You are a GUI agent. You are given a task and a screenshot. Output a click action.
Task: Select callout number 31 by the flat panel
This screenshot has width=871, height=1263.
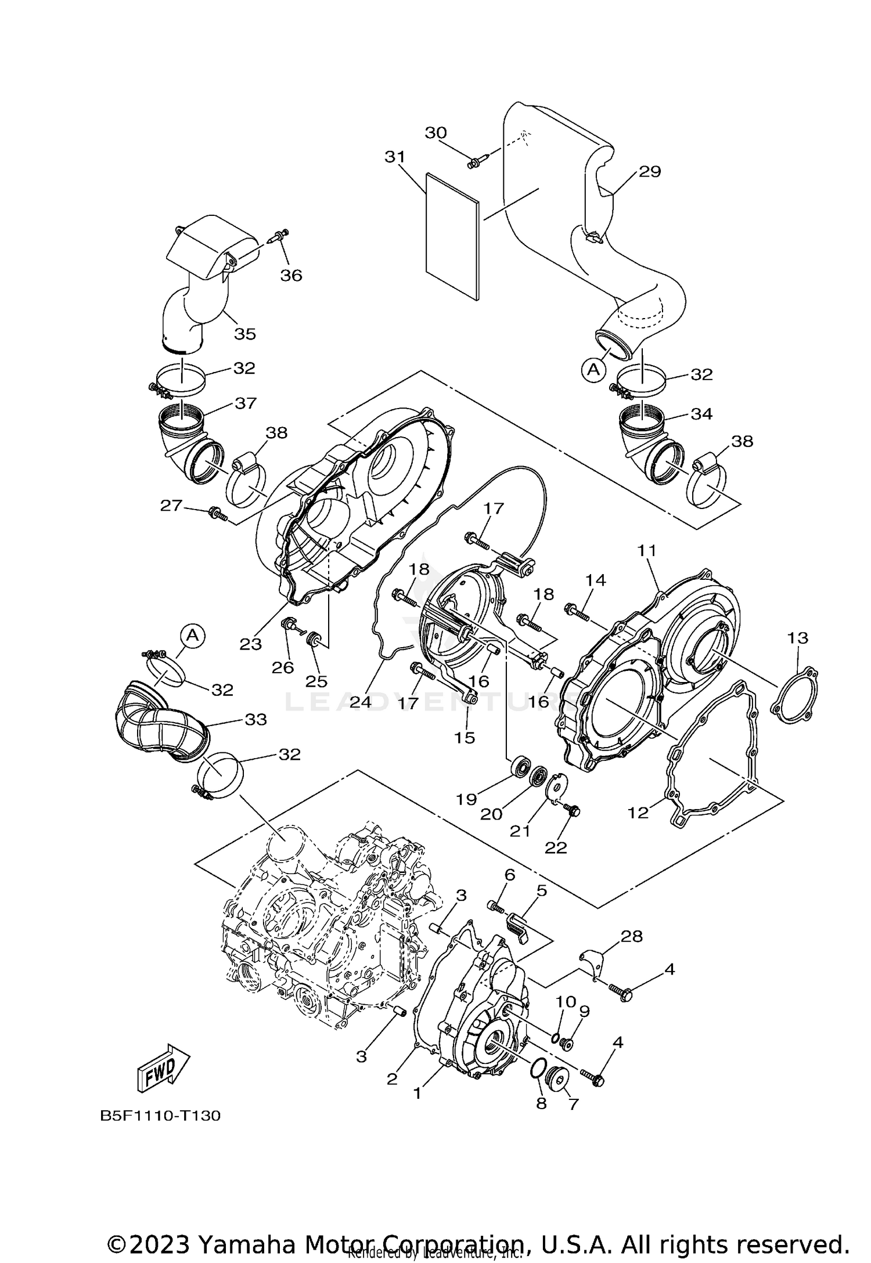click(395, 157)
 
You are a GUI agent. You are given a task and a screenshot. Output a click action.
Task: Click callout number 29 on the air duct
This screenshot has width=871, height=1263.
click(650, 172)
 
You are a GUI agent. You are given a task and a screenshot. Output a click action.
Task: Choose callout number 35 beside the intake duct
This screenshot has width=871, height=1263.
click(245, 334)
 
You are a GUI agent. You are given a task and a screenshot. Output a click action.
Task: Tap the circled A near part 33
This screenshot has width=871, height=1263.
click(193, 636)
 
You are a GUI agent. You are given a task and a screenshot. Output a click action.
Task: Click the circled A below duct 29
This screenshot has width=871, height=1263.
click(593, 369)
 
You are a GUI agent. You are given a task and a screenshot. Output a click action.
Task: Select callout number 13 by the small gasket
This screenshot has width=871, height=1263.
click(797, 638)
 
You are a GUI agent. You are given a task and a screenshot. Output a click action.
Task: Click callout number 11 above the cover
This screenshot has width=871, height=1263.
click(647, 550)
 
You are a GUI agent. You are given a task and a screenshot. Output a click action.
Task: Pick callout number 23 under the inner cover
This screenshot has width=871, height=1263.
click(251, 644)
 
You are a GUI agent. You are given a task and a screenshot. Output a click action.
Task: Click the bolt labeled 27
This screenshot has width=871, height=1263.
click(218, 513)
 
